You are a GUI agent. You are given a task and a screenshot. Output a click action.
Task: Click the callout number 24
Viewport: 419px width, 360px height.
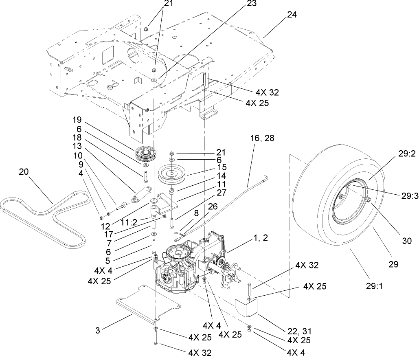tap(292, 15)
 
